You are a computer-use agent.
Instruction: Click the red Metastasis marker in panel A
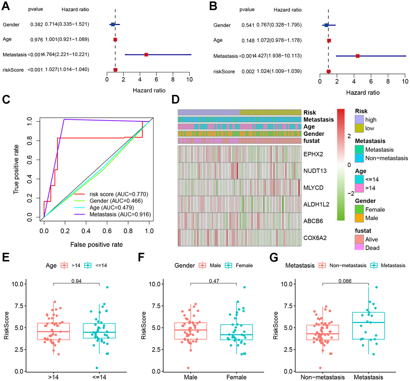(146, 55)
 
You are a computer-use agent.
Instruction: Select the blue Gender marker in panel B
(326, 25)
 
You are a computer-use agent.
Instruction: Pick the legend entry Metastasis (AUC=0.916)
(117, 214)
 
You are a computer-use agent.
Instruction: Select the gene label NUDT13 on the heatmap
(315, 171)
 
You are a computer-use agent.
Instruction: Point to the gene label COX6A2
(315, 238)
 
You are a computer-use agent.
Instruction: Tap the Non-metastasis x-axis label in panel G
(323, 377)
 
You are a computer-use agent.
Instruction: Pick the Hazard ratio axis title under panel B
(362, 92)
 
